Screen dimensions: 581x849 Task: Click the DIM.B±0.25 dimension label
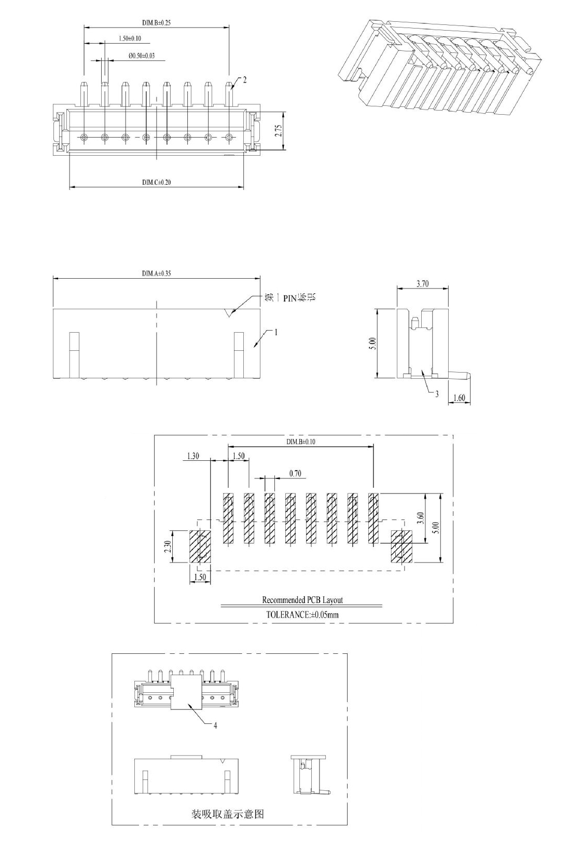point(157,23)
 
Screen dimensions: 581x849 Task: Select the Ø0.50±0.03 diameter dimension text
point(142,56)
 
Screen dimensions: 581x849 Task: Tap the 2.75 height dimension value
point(279,131)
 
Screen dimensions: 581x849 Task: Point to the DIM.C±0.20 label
point(157,182)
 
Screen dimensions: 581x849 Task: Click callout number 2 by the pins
point(245,79)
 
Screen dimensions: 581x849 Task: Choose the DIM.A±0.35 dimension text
point(157,273)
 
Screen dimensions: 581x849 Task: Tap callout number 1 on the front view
point(276,332)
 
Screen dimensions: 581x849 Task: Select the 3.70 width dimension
point(423,283)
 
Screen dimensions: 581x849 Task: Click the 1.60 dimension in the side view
point(459,398)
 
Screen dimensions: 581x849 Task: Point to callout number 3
point(437,394)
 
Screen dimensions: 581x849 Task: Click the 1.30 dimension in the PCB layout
point(193,456)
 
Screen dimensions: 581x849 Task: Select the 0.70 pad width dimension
point(295,473)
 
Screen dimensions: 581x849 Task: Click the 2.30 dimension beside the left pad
point(168,546)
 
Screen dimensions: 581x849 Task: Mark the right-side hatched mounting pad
point(402,546)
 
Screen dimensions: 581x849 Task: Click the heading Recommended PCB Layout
point(302,599)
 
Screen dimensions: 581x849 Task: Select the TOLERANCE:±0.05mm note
point(302,614)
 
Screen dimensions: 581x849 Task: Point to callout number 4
point(215,725)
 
